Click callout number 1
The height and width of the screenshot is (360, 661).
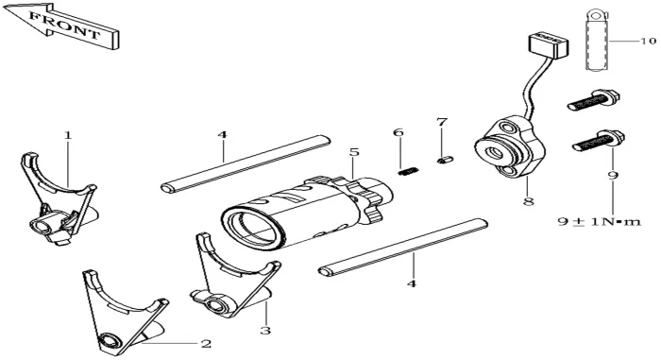point(68,135)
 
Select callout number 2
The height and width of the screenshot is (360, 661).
point(206,344)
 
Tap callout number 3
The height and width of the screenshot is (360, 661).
point(265,330)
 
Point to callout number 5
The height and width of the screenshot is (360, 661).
point(354,151)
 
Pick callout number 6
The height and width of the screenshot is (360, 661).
point(398,132)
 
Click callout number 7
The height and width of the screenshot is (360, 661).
point(441,122)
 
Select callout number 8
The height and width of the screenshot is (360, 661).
point(528,201)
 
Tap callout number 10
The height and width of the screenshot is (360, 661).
point(649,41)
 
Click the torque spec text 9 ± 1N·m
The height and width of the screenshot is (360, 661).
point(599,221)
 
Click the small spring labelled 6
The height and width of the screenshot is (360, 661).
point(409,171)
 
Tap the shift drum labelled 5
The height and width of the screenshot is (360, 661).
point(307,211)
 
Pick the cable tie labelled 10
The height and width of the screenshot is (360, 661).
point(597,41)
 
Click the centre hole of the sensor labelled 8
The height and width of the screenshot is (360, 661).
point(496,152)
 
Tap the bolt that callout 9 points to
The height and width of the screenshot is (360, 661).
point(599,142)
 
